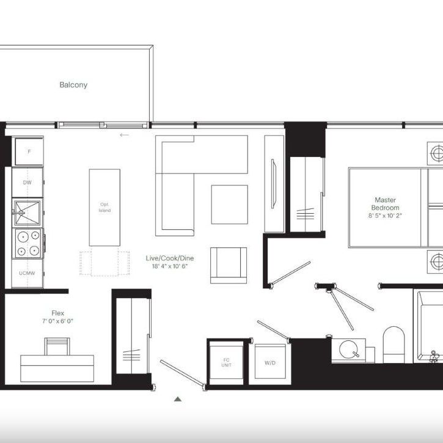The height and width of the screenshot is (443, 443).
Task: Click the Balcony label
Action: [73, 85]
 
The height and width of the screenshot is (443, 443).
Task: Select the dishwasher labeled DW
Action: [28, 183]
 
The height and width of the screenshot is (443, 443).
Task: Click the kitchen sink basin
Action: [27, 213]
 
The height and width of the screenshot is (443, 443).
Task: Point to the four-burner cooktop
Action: [29, 243]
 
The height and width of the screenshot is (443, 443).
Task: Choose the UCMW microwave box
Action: [27, 273]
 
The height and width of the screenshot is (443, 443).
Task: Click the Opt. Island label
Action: [104, 207]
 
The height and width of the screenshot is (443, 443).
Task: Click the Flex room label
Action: [58, 313]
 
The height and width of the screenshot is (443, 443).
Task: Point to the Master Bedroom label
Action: [386, 203]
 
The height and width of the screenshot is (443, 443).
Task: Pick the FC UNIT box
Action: [226, 363]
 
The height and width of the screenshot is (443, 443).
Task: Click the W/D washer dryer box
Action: [269, 363]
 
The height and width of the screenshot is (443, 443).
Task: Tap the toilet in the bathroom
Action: [394, 344]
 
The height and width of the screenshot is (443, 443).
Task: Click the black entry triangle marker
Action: [178, 399]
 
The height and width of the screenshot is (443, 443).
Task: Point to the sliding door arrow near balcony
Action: [125, 135]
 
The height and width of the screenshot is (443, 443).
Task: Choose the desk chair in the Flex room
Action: [57, 346]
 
